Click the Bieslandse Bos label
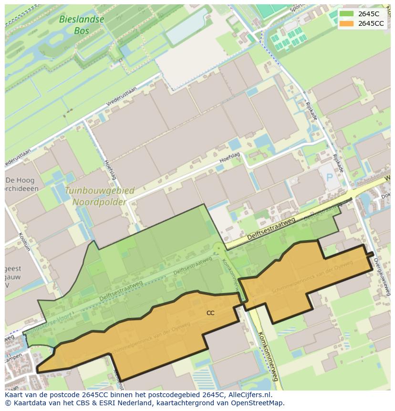click(x=81, y=25)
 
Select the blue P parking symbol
click(x=329, y=177)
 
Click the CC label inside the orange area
click(x=210, y=313)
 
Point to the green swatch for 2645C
click(x=346, y=14)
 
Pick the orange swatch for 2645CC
click(x=346, y=23)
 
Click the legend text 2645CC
click(x=371, y=23)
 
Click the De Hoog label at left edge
click(x=17, y=180)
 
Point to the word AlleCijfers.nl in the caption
click(x=249, y=395)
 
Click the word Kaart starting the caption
click(x=15, y=395)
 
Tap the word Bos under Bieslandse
click(x=82, y=31)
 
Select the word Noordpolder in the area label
click(x=99, y=201)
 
